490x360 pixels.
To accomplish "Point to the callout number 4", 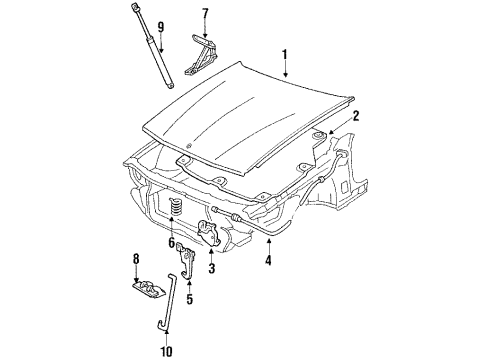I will click(267, 263).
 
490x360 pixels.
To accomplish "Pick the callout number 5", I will click(188, 297).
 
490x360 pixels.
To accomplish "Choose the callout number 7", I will click(205, 15).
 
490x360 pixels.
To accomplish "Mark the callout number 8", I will click(136, 264).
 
